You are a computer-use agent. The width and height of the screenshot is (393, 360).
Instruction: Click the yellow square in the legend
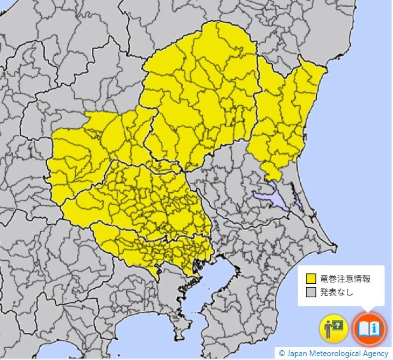point(310,279)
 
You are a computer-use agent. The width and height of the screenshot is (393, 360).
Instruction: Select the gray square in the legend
point(310,292)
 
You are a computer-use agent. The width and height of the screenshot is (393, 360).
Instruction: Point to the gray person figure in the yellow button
point(328,329)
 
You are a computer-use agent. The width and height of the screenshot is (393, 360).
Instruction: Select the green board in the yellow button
point(338,325)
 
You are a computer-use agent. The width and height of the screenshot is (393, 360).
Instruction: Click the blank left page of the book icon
point(363,328)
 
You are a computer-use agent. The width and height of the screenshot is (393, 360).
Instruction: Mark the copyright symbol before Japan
point(281,354)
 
